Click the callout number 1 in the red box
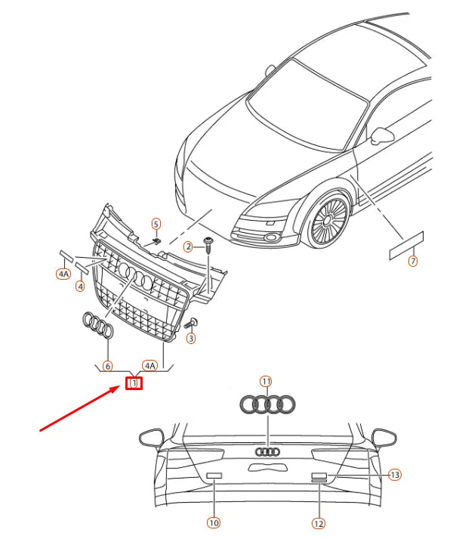(134, 383)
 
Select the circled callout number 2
(188, 246)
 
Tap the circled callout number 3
(191, 338)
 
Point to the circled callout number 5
(156, 224)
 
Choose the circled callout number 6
(107, 365)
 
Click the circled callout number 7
(412, 262)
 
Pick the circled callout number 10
(214, 522)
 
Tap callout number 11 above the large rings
(266, 381)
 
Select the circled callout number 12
(318, 522)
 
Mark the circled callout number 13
(394, 475)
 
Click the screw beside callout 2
(208, 243)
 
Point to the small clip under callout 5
(156, 240)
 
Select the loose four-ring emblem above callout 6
(98, 326)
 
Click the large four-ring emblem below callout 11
(266, 405)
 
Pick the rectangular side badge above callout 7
(407, 245)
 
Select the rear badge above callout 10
(214, 474)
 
